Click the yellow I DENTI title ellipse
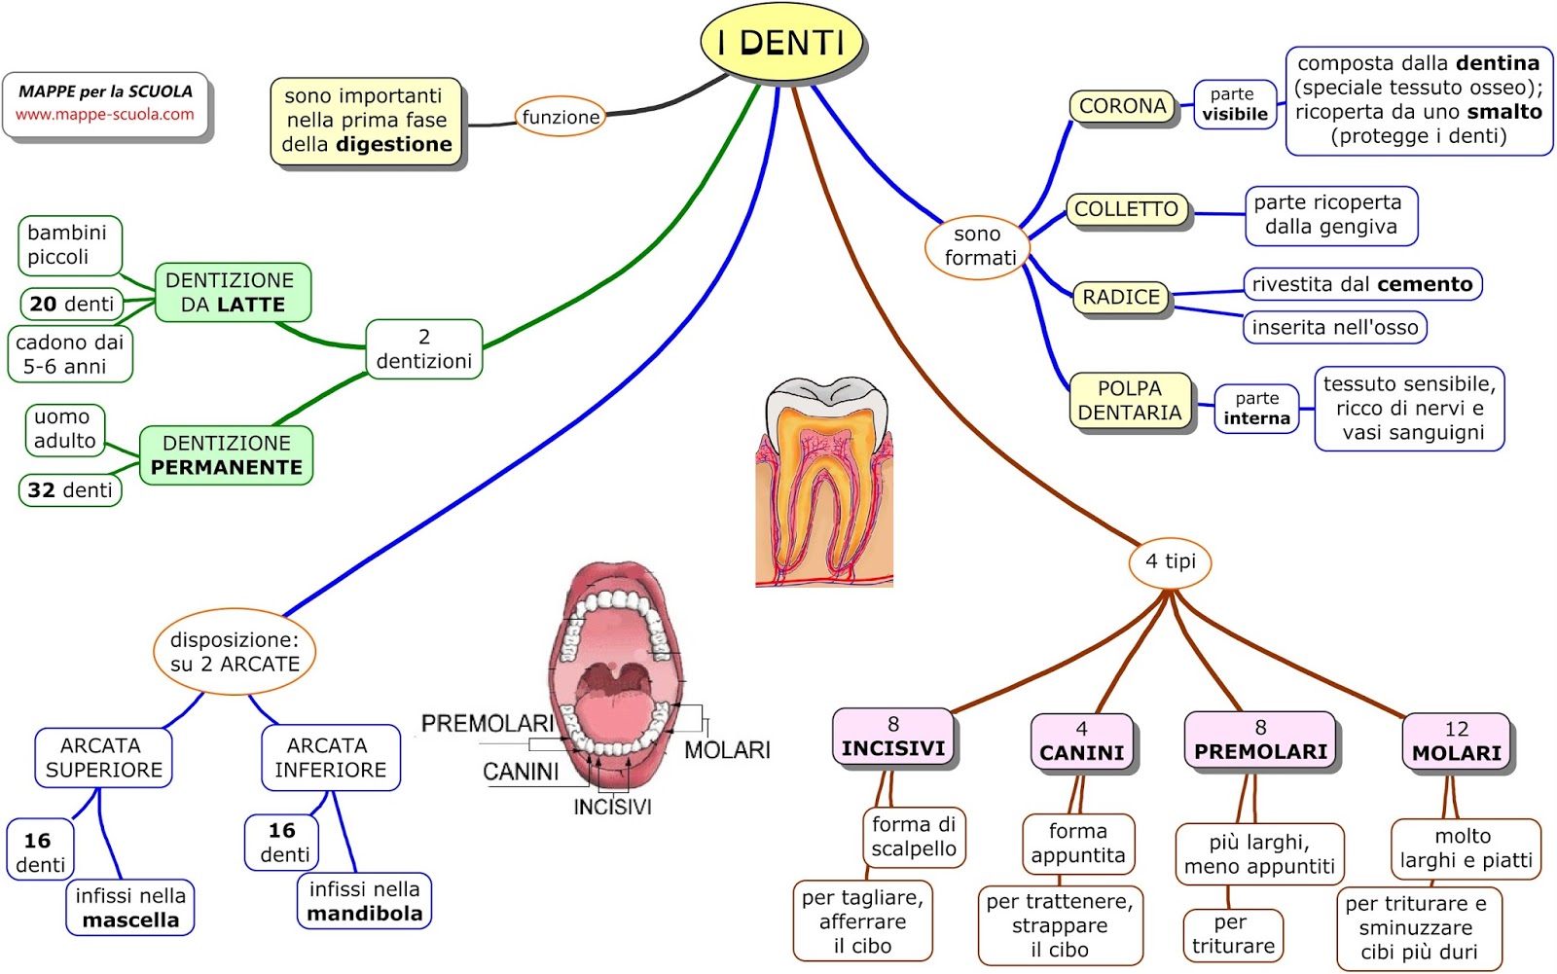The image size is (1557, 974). click(x=781, y=43)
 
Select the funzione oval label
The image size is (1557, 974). click(x=561, y=117)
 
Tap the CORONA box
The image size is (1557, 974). click(x=1122, y=106)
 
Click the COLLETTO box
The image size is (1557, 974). click(x=1126, y=209)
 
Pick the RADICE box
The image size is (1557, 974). click(x=1121, y=297)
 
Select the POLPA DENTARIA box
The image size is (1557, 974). click(x=1130, y=401)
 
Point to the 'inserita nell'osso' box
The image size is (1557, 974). click(x=1334, y=328)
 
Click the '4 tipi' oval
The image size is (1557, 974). click(x=1170, y=561)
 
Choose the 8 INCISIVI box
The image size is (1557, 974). click(x=892, y=737)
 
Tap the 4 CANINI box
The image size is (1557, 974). click(x=1081, y=741)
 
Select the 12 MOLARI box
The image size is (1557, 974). click(x=1456, y=741)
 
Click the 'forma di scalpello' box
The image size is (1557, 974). click(x=913, y=837)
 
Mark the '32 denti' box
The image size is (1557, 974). click(x=70, y=490)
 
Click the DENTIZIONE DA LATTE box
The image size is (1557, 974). click(x=233, y=292)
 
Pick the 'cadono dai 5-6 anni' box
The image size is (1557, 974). click(x=69, y=354)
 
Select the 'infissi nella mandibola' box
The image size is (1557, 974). click(x=364, y=901)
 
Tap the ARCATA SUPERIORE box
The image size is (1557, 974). click(x=103, y=758)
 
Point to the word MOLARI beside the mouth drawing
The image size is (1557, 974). click(x=727, y=750)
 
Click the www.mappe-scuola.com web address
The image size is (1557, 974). click(x=104, y=114)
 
